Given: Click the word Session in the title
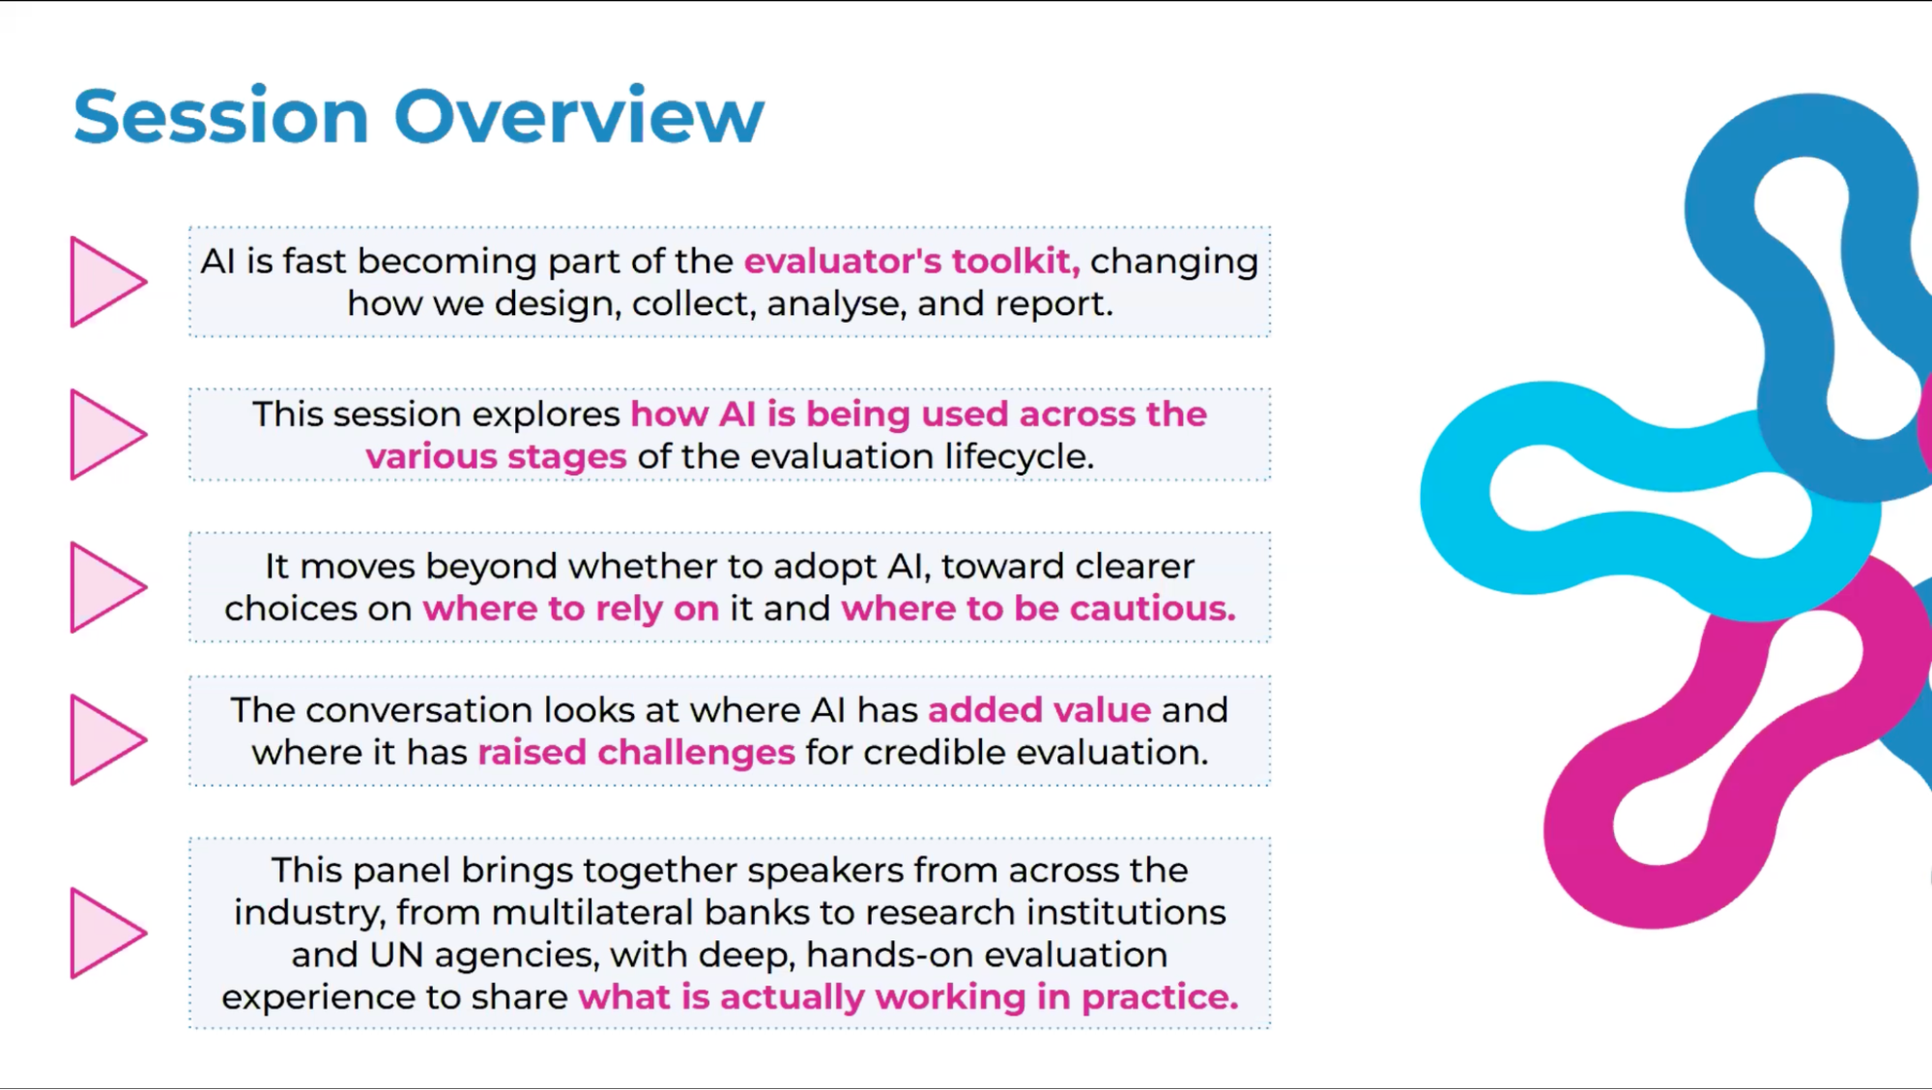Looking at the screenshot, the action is click(x=221, y=116).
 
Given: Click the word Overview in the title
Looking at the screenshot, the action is click(x=579, y=116).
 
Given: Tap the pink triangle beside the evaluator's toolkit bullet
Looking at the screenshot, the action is click(x=107, y=282).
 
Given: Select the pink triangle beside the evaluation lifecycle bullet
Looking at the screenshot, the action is click(x=107, y=435).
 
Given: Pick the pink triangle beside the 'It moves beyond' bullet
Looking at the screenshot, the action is click(x=107, y=587).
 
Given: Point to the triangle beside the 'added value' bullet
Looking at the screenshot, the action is click(x=107, y=739).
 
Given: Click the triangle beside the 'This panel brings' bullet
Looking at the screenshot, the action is click(x=107, y=932).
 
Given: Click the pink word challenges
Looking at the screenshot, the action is click(x=696, y=753).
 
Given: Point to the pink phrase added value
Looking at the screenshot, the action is click(x=1040, y=710).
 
